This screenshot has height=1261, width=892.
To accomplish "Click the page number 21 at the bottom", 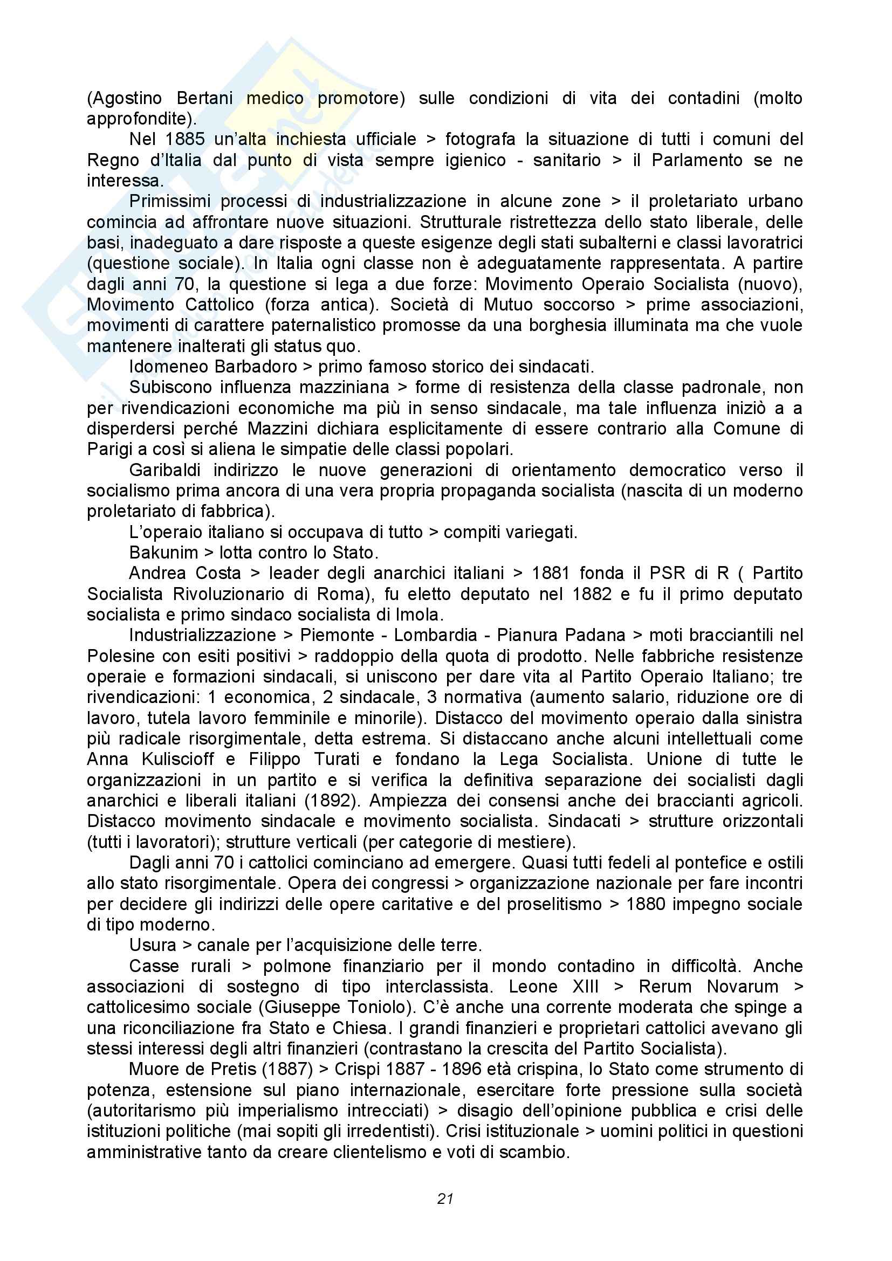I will [445, 1198].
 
